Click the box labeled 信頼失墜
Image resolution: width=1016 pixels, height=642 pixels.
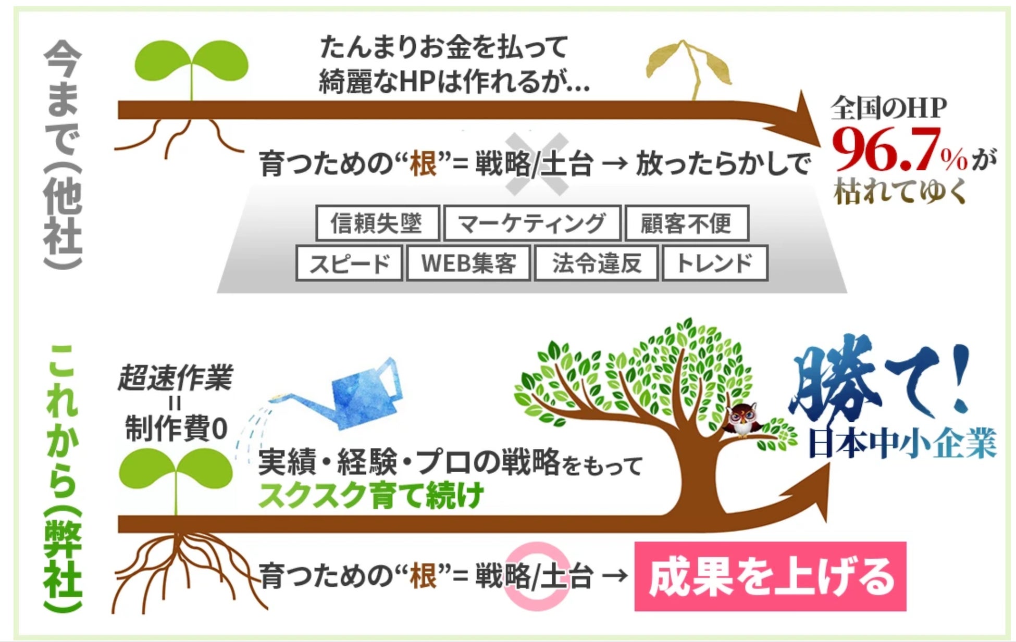point(377,223)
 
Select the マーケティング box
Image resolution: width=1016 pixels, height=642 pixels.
point(532,223)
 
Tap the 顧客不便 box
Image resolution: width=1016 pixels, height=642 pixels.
point(687,223)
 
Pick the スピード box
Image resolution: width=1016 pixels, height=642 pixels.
point(349,263)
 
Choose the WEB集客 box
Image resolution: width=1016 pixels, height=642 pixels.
point(468,263)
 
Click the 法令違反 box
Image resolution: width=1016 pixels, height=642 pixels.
point(597,263)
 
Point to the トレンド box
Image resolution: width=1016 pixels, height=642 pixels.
point(715,263)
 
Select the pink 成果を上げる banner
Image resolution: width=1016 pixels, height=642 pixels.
point(770,576)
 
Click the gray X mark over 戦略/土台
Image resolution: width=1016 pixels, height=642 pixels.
point(537,164)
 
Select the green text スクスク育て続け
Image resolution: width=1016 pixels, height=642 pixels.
point(371,495)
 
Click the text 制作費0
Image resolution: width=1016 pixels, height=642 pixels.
point(176,429)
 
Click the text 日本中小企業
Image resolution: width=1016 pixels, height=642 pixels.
point(902,443)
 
